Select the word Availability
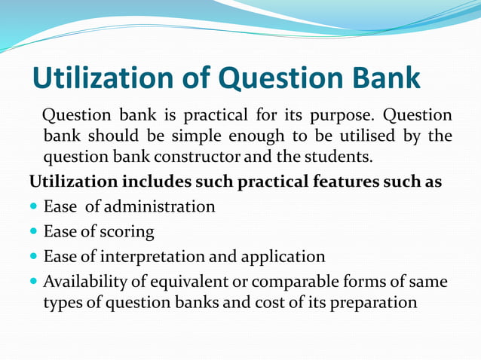[84, 282]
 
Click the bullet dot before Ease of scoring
[34, 232]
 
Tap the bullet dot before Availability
[34, 282]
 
